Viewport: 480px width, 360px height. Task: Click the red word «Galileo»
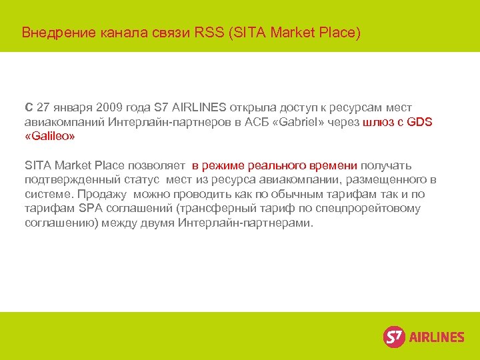pos(50,136)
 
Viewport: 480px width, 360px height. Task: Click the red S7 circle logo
pos(394,337)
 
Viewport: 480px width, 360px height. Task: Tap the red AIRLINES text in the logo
pos(437,337)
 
